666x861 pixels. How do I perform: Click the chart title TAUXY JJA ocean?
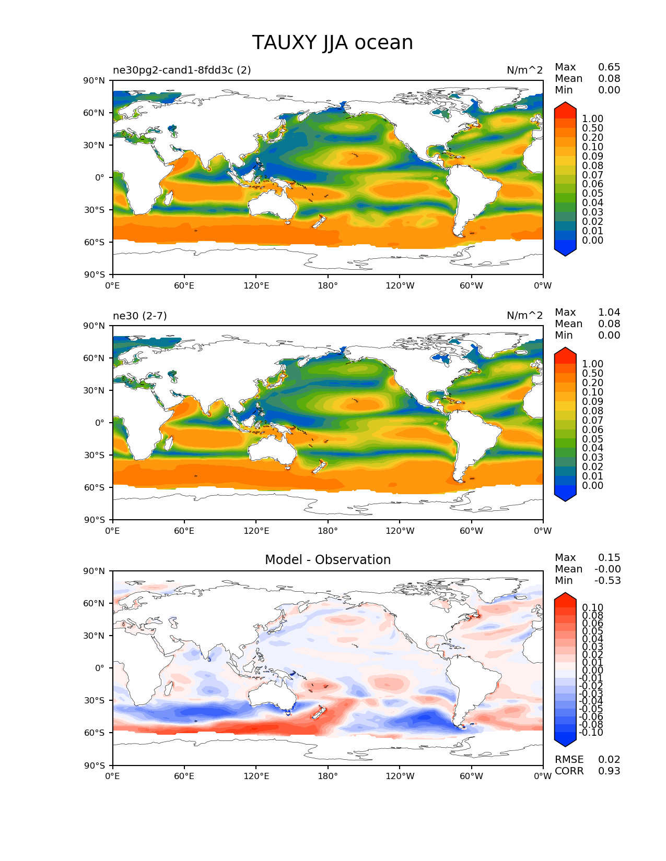pos(332,43)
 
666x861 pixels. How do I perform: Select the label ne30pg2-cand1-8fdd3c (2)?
pos(182,70)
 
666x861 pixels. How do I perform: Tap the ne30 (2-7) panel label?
pos(139,316)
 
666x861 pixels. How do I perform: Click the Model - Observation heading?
pos(328,560)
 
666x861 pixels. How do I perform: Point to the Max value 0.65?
pos(609,67)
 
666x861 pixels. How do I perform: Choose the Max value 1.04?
pos(609,313)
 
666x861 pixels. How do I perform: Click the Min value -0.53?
pos(607,581)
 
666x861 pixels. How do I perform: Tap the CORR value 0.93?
pos(609,771)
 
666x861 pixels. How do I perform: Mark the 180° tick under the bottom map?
pos(328,776)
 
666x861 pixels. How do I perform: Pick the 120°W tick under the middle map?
pos(400,531)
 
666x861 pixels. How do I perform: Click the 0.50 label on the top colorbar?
pos(592,128)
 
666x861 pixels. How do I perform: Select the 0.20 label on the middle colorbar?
pos(592,383)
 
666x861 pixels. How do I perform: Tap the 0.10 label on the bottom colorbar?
pos(592,607)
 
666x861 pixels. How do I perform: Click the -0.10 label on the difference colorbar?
pos(591,733)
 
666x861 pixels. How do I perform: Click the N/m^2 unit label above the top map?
pos(524,70)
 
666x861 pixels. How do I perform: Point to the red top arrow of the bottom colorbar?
pos(565,598)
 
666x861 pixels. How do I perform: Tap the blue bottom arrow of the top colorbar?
pos(565,251)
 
